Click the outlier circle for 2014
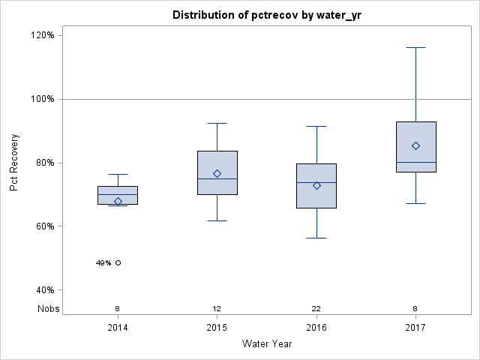tap(118, 262)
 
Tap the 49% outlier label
tap(103, 263)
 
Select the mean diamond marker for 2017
tap(415, 145)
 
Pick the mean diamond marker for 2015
tap(217, 173)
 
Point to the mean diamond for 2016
tap(316, 185)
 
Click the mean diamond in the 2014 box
tap(118, 201)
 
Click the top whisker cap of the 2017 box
tap(415, 47)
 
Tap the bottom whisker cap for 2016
tap(316, 238)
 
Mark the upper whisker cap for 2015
tap(217, 123)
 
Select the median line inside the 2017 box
tap(415, 162)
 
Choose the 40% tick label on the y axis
tap(42, 290)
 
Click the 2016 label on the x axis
tap(316, 328)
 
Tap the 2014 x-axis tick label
tap(118, 328)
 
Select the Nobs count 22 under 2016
tap(316, 308)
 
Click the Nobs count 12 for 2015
tap(217, 308)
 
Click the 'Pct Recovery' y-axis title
tap(14, 163)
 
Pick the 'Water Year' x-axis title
tap(266, 344)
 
